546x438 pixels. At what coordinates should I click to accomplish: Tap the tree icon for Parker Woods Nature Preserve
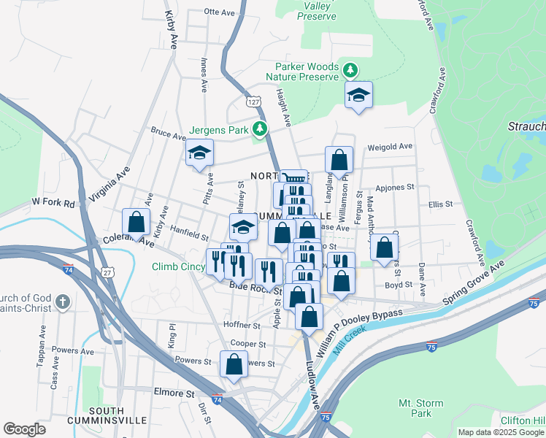pos(351,70)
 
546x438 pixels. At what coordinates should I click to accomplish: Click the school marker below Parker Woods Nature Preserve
pos(358,96)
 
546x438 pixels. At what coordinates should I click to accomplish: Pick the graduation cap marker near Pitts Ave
pos(199,153)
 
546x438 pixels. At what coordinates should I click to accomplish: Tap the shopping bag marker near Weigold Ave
pos(339,159)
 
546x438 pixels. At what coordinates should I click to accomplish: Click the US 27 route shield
pos(107,272)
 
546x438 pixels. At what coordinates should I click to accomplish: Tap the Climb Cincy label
pos(178,266)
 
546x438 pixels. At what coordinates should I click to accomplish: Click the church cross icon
pos(64,301)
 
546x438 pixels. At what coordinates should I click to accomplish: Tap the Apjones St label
pos(395,187)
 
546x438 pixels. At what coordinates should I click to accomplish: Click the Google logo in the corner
pos(24,429)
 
